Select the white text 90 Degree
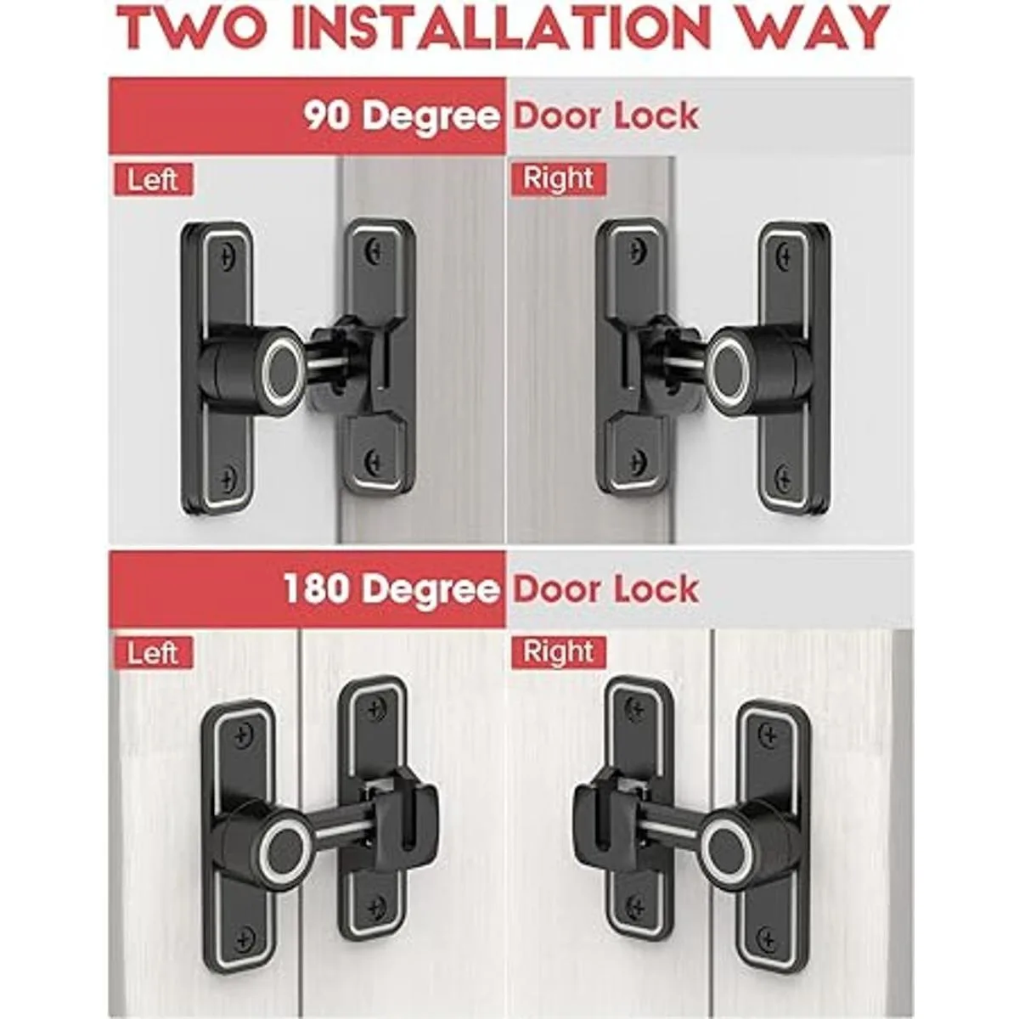tap(402, 117)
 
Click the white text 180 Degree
tap(391, 589)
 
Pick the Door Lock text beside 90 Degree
tap(606, 115)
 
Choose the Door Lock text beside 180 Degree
tap(606, 588)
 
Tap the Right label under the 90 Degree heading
tap(559, 178)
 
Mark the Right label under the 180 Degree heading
tap(559, 651)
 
